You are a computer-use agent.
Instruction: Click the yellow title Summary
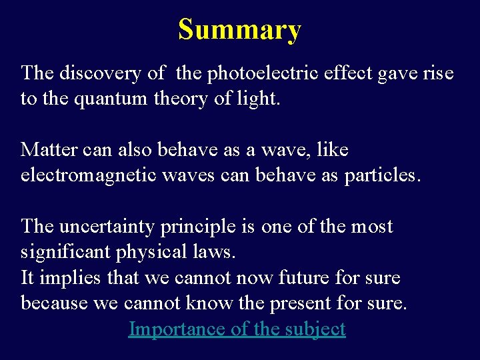[x=239, y=30]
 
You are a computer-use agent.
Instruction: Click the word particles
[x=382, y=175]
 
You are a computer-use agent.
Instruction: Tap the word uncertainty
[x=108, y=226]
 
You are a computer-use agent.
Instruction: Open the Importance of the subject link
[x=237, y=329]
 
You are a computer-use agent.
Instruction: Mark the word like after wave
[x=333, y=149]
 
